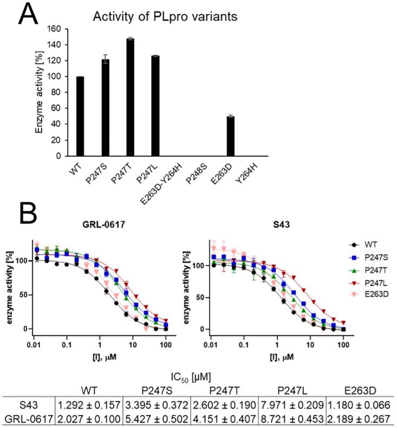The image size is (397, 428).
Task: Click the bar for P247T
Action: [130, 98]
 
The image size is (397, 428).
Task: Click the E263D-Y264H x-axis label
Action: [173, 181]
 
